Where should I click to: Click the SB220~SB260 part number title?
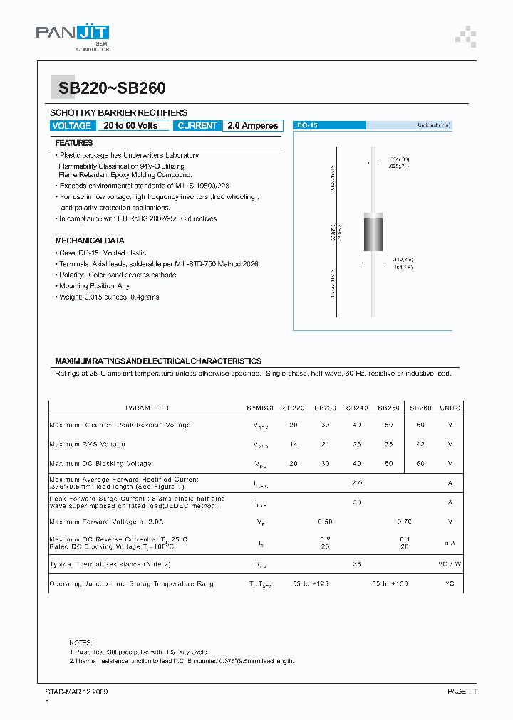tap(107, 88)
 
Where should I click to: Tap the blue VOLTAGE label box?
tap(72, 126)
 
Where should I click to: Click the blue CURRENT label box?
tap(197, 126)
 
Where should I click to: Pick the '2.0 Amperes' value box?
tap(253, 126)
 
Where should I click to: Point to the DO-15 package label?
tap(307, 125)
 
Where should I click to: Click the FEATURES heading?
tap(74, 143)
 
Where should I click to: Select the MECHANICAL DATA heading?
tap(89, 240)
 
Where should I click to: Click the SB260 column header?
tap(420, 408)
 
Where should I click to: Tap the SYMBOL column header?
tap(260, 408)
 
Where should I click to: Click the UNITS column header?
tap(450, 408)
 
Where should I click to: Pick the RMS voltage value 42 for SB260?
tap(420, 444)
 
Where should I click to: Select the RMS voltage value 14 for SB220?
tap(293, 444)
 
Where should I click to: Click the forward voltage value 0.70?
tap(405, 522)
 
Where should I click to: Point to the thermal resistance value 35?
tap(356, 564)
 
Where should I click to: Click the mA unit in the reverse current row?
tap(450, 543)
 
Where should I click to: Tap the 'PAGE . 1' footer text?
tap(462, 692)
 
